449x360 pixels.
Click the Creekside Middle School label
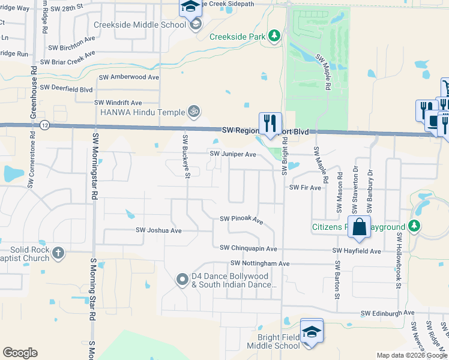[x=140, y=25]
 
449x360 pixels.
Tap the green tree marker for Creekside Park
[x=274, y=36]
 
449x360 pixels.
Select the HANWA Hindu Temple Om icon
[x=193, y=111]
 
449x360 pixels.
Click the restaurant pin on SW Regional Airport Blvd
[x=270, y=122]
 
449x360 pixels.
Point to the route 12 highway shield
[x=45, y=125]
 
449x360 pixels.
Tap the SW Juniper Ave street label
[x=233, y=154]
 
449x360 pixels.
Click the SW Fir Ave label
[x=306, y=188]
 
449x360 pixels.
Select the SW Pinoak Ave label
[x=242, y=220]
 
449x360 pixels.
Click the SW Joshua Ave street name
[x=158, y=230]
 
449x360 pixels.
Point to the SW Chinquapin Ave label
[x=249, y=248]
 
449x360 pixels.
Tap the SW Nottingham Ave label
[x=260, y=263]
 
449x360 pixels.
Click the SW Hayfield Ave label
[x=358, y=251]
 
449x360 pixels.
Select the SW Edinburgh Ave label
[x=388, y=313]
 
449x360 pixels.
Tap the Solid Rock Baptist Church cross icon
[x=58, y=253]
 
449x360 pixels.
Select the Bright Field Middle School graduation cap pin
[x=312, y=331]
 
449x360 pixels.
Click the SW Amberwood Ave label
[x=129, y=77]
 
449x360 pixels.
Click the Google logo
[x=20, y=353]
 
